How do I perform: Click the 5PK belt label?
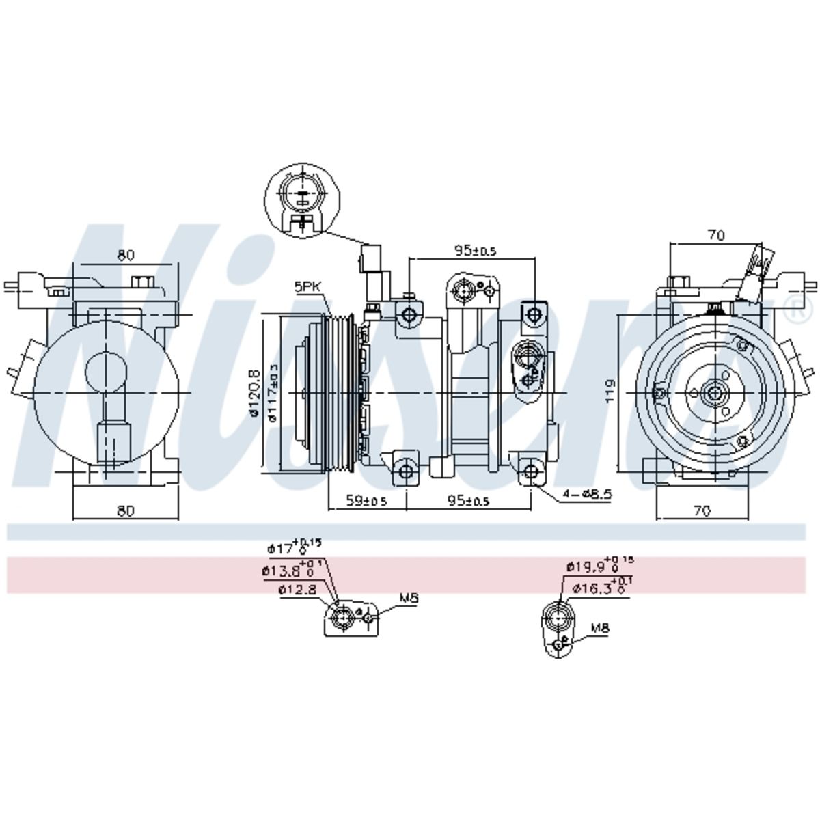pos(307,288)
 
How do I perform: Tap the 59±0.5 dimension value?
pos(366,500)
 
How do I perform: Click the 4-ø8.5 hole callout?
pos(588,494)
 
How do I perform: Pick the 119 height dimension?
pos(610,391)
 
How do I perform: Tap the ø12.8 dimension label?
pos(297,590)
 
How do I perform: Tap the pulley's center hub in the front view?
pos(714,393)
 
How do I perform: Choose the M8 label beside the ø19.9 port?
pos(600,627)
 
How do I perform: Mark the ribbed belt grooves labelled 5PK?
pos(340,393)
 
